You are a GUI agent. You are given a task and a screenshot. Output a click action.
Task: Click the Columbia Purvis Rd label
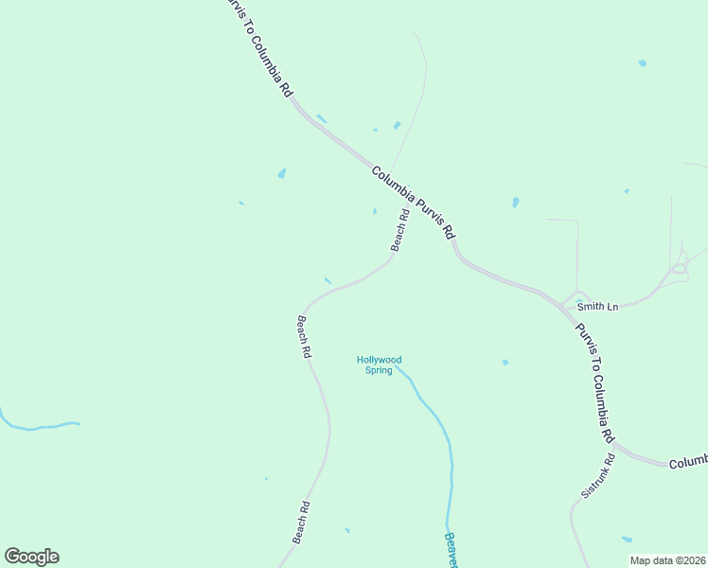tap(414, 203)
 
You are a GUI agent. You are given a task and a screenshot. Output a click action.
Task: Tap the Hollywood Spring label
tap(379, 364)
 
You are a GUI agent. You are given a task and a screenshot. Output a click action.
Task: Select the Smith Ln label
tap(598, 307)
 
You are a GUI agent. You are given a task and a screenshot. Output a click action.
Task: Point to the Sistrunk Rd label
tap(597, 476)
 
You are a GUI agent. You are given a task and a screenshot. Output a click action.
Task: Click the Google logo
tap(31, 557)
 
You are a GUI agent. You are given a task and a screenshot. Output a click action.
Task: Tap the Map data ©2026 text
tap(667, 560)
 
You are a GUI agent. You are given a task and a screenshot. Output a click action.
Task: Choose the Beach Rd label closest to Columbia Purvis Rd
tap(399, 230)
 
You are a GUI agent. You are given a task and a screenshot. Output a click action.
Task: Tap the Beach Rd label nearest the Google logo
tap(301, 522)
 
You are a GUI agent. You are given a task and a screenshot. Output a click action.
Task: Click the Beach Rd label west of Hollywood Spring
tap(304, 336)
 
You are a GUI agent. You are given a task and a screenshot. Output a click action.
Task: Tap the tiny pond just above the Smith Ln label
tap(578, 302)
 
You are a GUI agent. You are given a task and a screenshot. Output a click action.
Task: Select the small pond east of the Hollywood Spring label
tap(505, 362)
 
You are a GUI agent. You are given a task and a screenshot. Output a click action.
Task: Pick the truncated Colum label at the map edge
tap(688, 463)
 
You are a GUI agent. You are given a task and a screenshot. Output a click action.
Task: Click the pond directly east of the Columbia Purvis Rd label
tap(515, 203)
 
